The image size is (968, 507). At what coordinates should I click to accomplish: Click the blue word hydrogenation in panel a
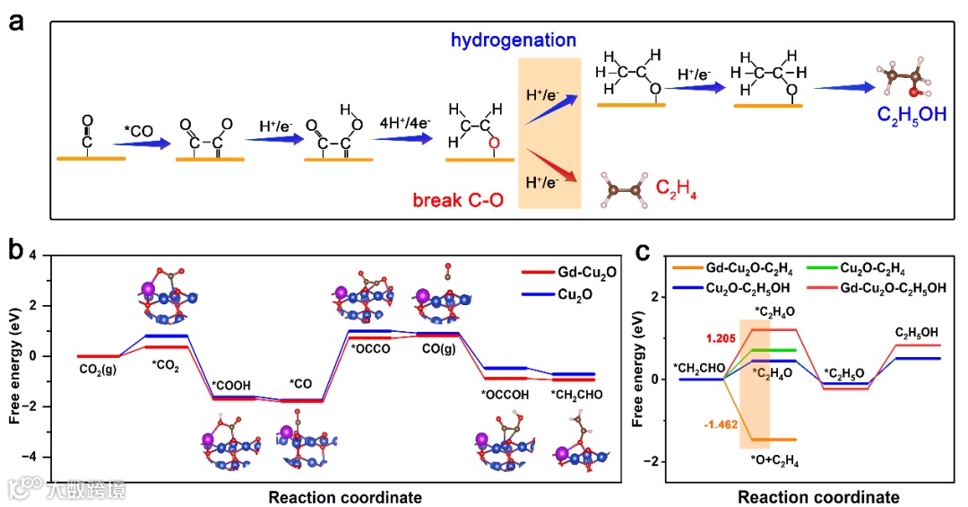click(513, 40)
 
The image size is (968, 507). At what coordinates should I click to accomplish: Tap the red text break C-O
click(455, 198)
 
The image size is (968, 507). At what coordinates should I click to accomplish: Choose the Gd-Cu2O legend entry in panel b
click(578, 269)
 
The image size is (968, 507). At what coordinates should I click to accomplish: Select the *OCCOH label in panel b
click(504, 393)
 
